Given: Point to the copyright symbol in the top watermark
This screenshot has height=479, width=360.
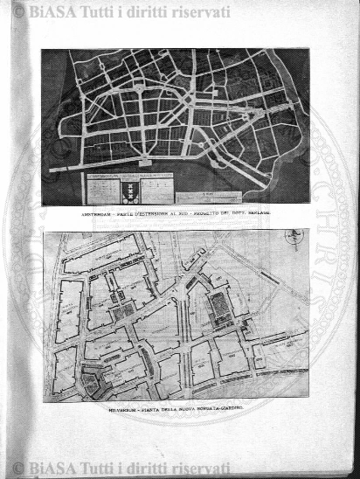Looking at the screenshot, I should pyautogui.click(x=17, y=11).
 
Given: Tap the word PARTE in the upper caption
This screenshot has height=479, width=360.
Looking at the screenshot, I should pyautogui.click(x=121, y=212).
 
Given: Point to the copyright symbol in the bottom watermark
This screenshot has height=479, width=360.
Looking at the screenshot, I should pyautogui.click(x=17, y=469).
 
